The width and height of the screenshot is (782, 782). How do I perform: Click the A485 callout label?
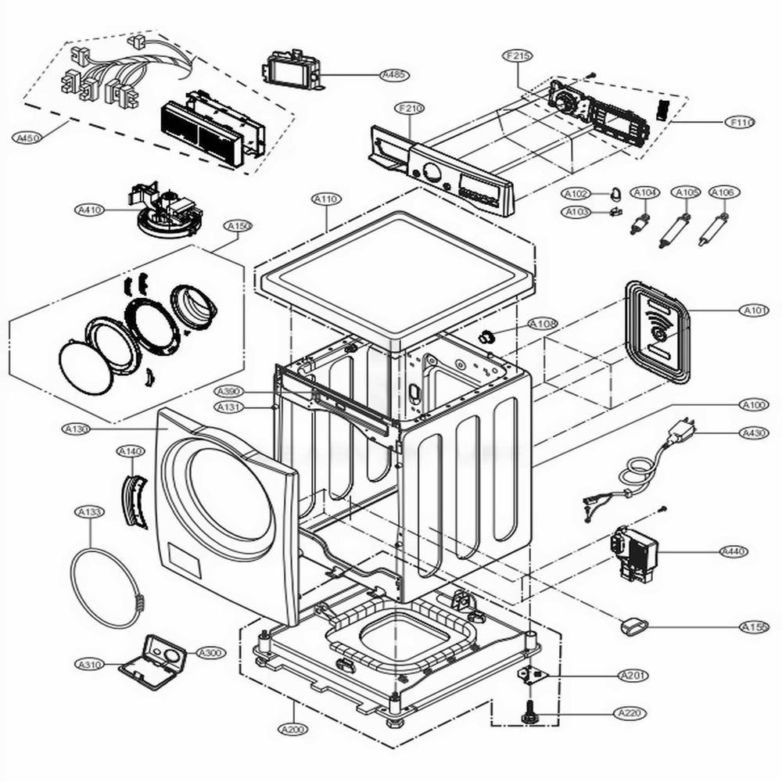393,75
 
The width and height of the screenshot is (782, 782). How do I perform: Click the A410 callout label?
89,210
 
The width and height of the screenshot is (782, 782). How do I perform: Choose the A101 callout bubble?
755,310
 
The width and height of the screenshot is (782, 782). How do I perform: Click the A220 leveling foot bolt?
527,713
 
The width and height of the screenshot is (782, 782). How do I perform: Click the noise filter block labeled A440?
637,551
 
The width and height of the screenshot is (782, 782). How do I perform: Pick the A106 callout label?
723,192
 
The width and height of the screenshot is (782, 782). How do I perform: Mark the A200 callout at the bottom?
292,730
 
